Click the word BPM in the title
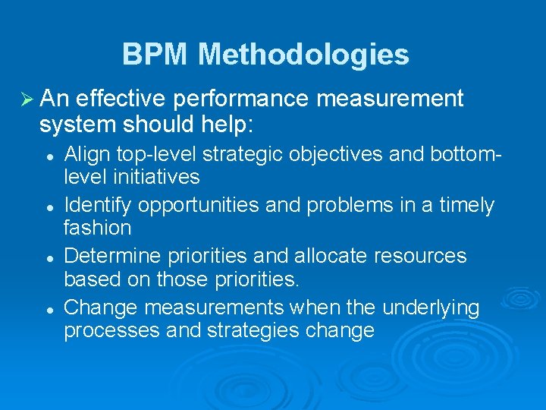click(156, 55)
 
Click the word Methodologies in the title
click(303, 55)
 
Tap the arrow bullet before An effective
click(25, 99)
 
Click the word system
click(75, 123)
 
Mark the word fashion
click(97, 228)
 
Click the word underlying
click(431, 307)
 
